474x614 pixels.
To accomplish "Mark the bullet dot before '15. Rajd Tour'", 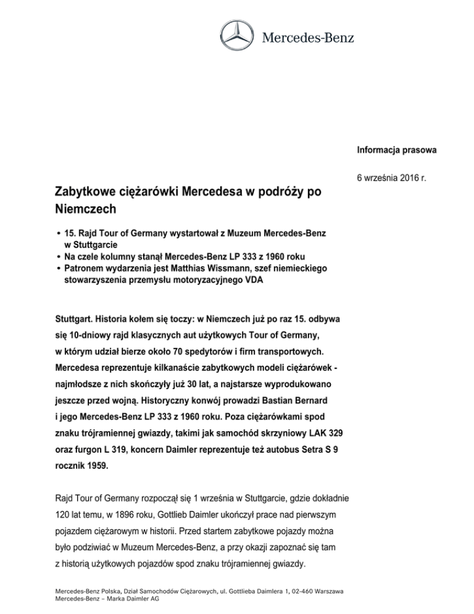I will [x=57, y=235].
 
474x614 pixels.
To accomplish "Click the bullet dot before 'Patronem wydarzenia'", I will [x=57, y=270].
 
